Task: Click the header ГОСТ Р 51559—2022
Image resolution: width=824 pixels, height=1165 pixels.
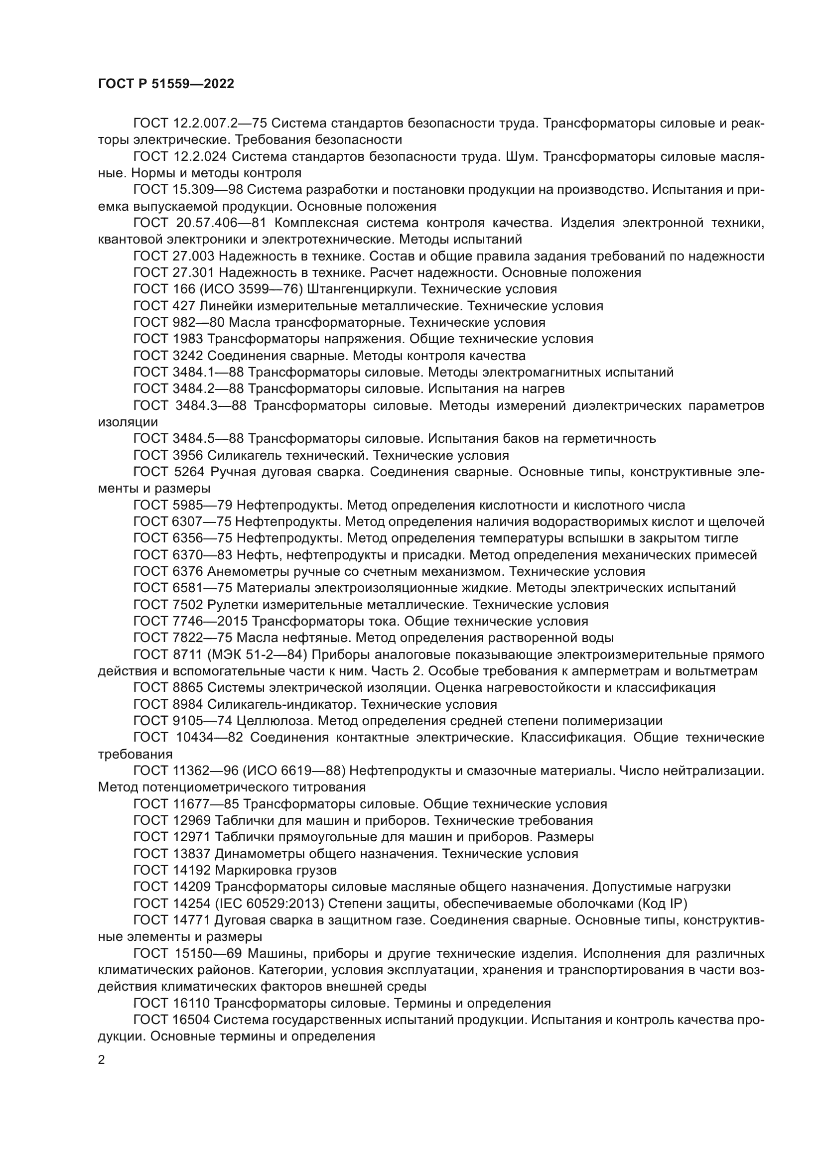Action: [x=166, y=84]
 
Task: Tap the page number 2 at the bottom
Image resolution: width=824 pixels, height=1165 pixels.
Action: [x=102, y=1059]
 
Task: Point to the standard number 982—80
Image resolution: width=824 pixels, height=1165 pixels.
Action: [x=198, y=323]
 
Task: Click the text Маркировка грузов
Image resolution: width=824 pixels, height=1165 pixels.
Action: [x=275, y=871]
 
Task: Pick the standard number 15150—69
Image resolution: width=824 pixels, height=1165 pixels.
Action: [x=210, y=953]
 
